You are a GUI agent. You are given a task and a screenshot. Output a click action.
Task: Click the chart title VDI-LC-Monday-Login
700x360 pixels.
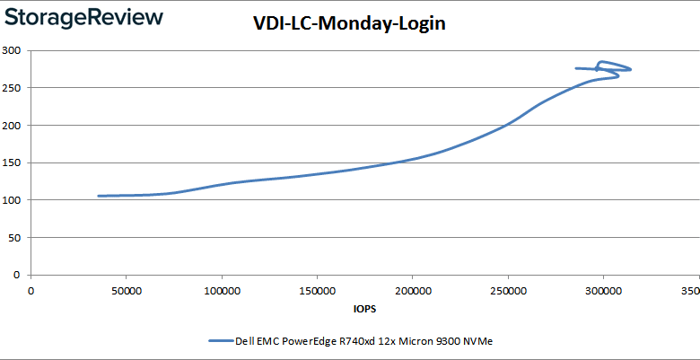(x=349, y=25)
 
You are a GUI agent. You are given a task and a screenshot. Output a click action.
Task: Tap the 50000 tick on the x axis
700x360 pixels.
(x=126, y=291)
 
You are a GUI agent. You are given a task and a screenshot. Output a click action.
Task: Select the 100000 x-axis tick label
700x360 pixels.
(x=221, y=291)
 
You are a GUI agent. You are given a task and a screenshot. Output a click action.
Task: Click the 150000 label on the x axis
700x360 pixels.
(x=316, y=291)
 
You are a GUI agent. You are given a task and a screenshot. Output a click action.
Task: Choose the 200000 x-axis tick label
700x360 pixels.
(x=412, y=291)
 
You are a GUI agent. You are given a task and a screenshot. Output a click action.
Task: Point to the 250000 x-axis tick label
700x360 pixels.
(x=507, y=291)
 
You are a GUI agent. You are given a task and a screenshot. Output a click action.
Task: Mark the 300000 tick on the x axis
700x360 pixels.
(x=602, y=291)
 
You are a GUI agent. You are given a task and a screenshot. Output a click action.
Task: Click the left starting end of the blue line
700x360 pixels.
(x=100, y=196)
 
